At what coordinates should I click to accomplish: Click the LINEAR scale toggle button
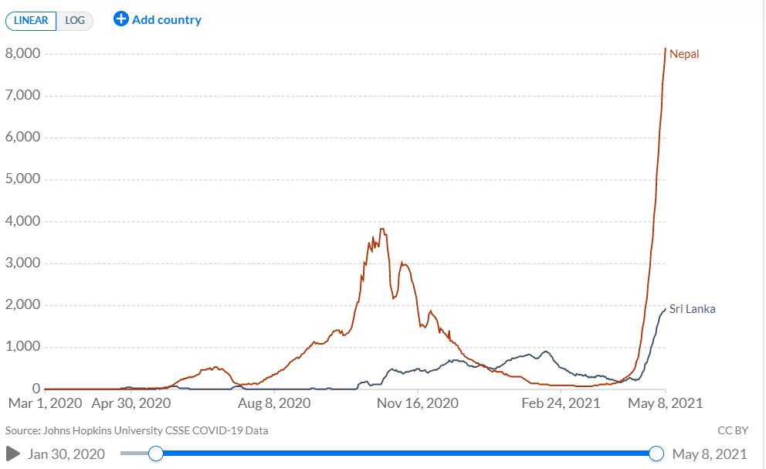(31, 21)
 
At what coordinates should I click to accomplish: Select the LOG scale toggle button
(75, 21)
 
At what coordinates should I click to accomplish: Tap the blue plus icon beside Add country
(120, 19)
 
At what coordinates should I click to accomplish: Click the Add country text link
(167, 20)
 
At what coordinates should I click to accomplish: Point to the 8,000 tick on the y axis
(23, 53)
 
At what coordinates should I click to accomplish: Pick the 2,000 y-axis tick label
(23, 304)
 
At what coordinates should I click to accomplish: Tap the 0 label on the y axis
(36, 389)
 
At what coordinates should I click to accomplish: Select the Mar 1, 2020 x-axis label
(45, 403)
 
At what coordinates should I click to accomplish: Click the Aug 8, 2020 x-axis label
(274, 403)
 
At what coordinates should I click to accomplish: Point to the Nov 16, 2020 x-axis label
(418, 403)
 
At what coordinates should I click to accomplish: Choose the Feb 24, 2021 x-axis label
(561, 403)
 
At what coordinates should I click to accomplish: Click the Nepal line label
(684, 54)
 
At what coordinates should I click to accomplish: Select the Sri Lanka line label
(692, 308)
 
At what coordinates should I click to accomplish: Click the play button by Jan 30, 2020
(13, 454)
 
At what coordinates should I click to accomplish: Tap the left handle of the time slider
(156, 454)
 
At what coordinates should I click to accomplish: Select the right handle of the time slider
(656, 454)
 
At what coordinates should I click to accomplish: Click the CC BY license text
(733, 430)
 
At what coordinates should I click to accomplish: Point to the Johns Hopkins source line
(137, 430)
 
